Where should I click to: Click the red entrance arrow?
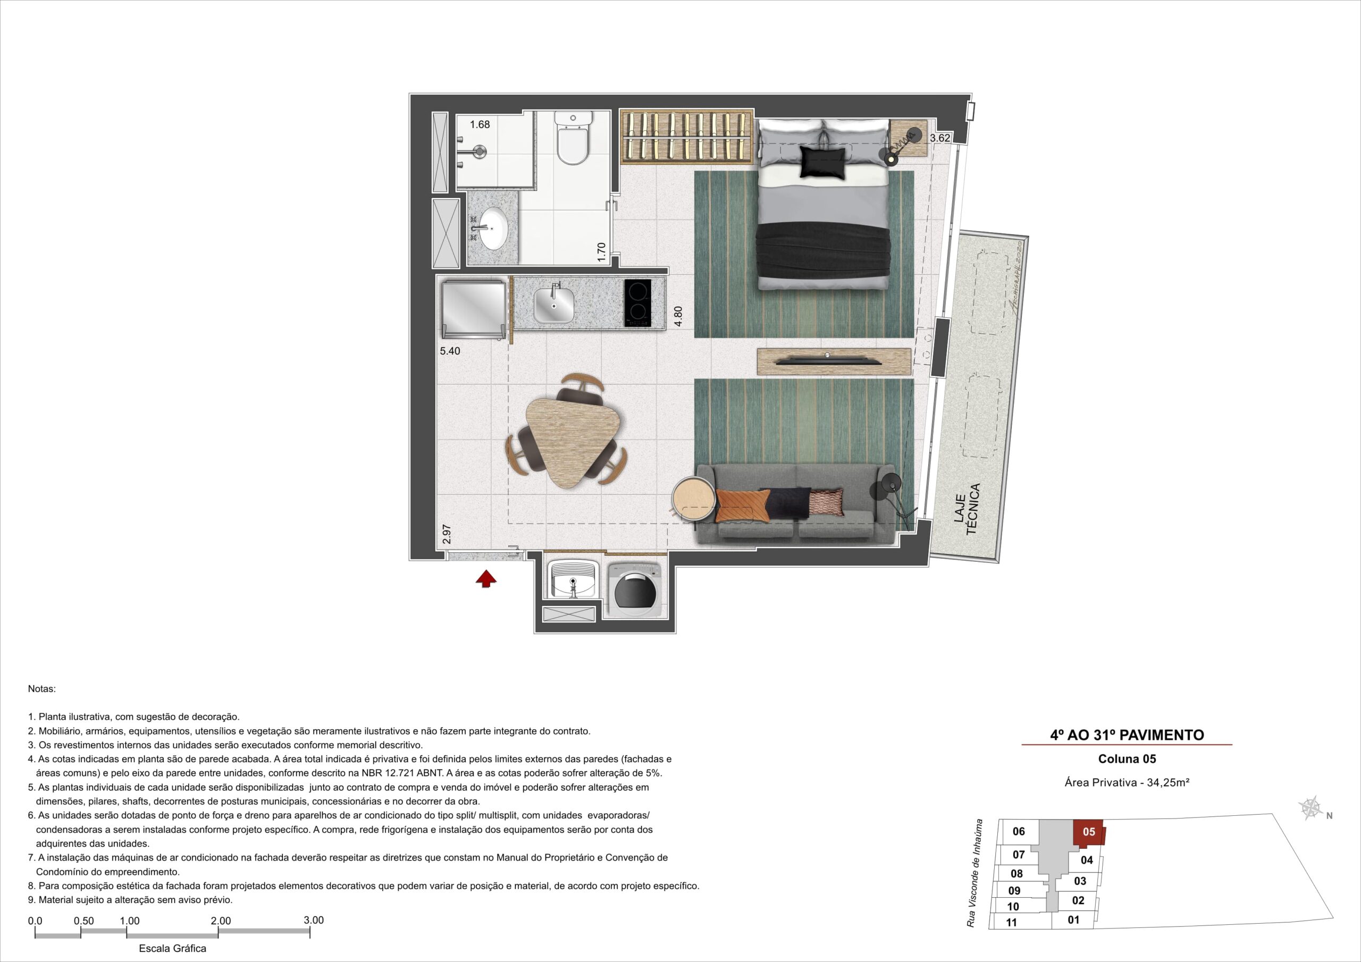coord(485,578)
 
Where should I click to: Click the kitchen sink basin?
coord(139,305)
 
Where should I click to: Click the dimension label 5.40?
coord(450,351)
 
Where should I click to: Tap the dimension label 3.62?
coord(940,138)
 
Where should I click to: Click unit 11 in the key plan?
coord(1011,922)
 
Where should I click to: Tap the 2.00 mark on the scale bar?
coord(221,921)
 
